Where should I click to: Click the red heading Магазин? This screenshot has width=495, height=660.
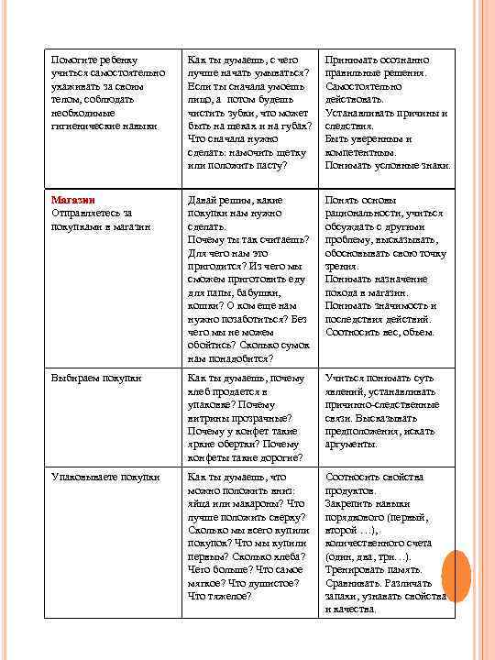click(73, 199)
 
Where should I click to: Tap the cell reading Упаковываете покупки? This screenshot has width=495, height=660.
click(105, 477)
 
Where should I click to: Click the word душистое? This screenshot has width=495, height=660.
click(271, 583)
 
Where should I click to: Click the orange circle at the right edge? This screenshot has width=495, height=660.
click(452, 572)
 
